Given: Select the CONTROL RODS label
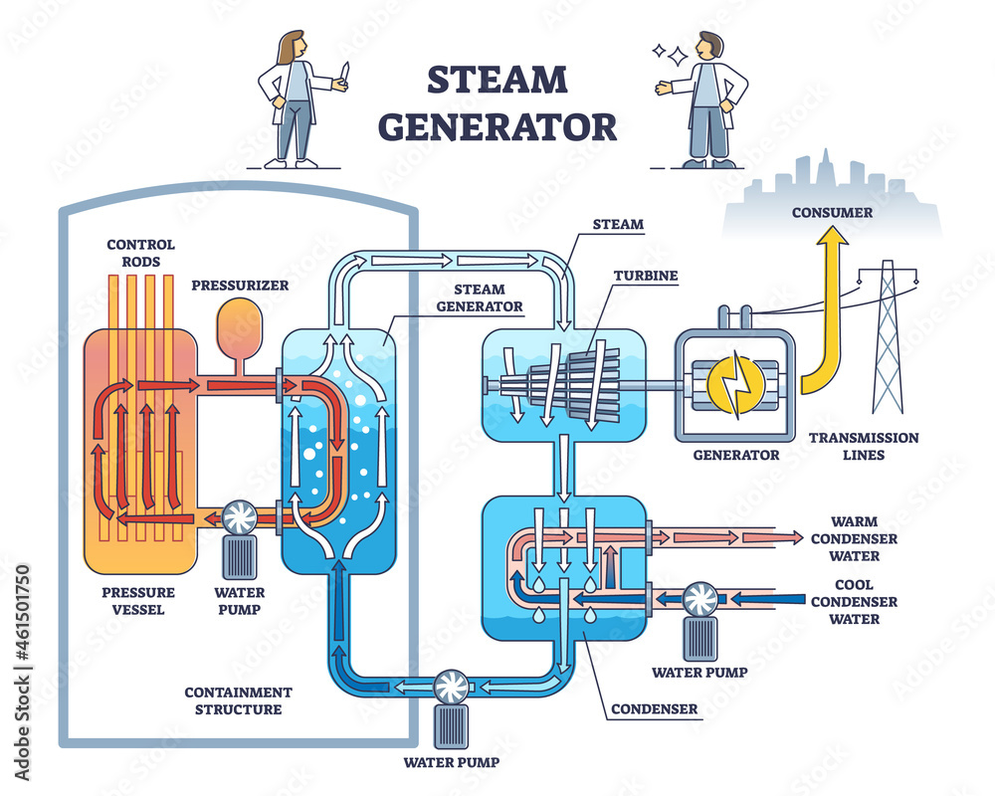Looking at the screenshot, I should point(141,253).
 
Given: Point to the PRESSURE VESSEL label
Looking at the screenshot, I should point(138,601).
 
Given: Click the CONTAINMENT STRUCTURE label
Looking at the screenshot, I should point(239,700).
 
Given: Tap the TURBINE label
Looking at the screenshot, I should point(646,275).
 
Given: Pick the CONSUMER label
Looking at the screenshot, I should point(832,212).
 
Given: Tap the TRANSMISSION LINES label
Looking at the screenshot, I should point(864,447).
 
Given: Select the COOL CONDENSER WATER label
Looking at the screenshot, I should point(854,601).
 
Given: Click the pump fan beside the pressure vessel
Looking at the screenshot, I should point(241,516).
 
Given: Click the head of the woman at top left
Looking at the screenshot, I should point(293,46).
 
